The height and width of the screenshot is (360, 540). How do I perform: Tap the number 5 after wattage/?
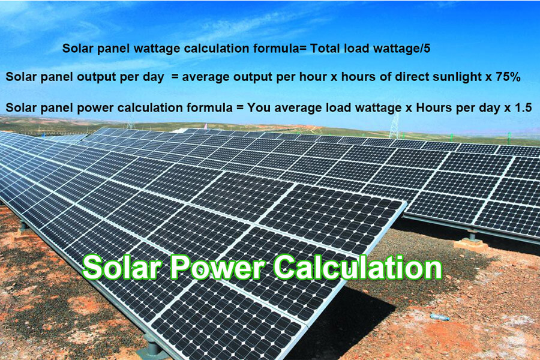(427, 49)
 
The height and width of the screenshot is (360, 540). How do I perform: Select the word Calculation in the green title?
(359, 268)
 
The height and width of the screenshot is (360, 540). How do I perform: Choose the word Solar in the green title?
(122, 268)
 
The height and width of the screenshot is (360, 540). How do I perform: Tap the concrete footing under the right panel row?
(471, 244)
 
